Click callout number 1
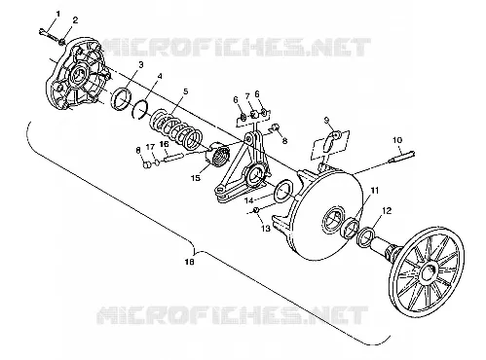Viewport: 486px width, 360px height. [58, 14]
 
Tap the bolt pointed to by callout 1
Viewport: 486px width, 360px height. [49, 34]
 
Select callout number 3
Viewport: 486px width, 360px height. [140, 64]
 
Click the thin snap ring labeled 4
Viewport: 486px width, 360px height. [140, 110]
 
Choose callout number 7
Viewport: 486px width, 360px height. [247, 96]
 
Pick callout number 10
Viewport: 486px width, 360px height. [397, 140]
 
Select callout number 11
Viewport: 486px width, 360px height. [375, 191]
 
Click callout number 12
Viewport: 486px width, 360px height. [387, 210]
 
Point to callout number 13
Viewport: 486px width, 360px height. [266, 229]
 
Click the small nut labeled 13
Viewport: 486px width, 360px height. [255, 211]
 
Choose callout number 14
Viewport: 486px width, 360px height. [248, 199]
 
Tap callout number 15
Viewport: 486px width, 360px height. [196, 178]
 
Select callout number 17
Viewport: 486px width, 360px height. [150, 148]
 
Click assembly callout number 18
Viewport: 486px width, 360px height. [189, 262]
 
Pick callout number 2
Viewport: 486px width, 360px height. [75, 20]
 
